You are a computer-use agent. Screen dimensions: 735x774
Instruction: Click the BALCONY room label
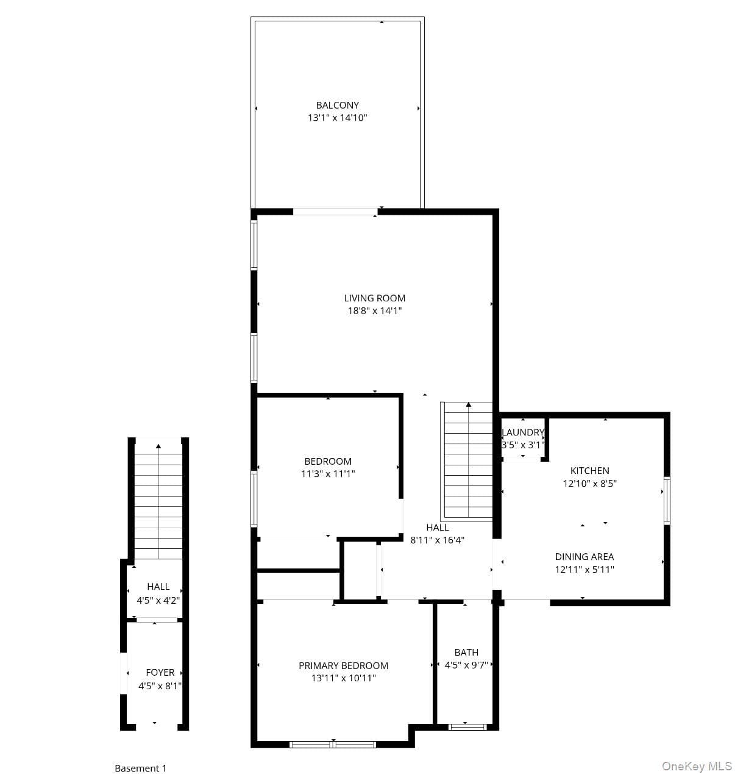pos(337,105)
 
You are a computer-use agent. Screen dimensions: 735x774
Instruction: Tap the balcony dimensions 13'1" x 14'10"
pos(337,117)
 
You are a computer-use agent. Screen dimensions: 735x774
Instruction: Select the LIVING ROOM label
pos(374,298)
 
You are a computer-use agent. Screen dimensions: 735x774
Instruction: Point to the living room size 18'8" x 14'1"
pos(374,310)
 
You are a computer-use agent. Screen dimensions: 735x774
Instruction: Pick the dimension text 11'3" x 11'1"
pos(328,473)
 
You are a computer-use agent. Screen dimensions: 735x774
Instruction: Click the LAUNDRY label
pos(522,432)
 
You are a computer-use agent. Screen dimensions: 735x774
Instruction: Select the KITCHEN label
pos(589,470)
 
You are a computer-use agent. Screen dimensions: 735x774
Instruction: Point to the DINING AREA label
pos(584,556)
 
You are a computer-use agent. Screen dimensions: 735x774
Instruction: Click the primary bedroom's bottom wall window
pos(333,744)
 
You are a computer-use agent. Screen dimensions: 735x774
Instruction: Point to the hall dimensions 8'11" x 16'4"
pos(437,540)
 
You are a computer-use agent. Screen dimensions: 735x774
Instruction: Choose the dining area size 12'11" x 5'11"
pos(584,569)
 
